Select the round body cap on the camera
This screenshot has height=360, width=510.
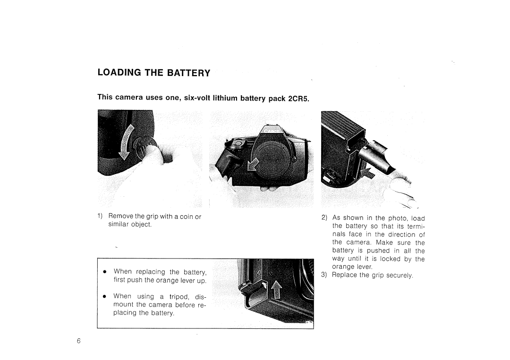[x=272, y=160]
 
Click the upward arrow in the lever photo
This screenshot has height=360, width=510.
[x=275, y=291]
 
